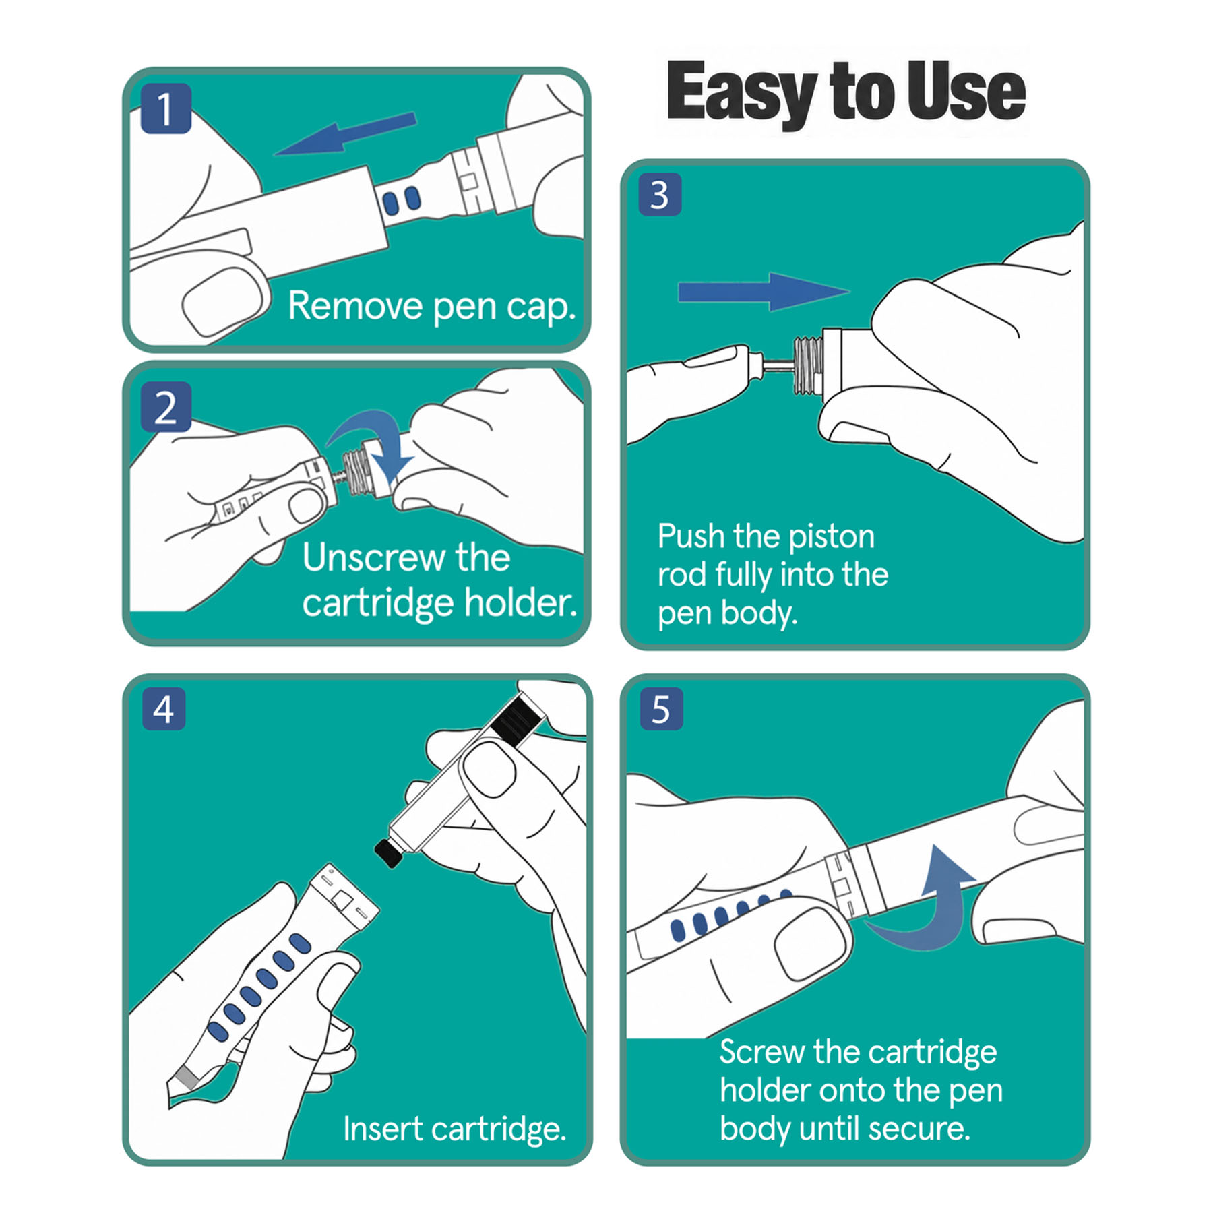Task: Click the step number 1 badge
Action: pos(166,108)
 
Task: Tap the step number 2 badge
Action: pos(166,407)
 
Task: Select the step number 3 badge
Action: pos(660,195)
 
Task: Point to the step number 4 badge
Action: pos(164,709)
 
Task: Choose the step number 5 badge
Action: pos(661,709)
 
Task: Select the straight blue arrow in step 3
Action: pos(763,292)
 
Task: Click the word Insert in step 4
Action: pos(383,1128)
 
